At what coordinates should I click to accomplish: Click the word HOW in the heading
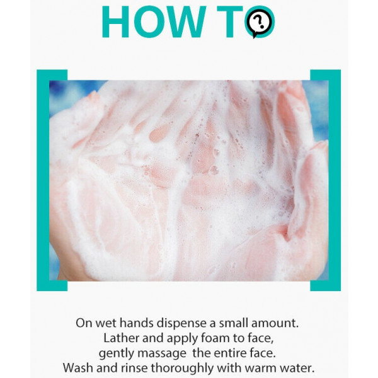click(154, 21)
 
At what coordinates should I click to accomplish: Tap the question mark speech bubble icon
click(260, 22)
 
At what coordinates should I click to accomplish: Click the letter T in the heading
click(229, 21)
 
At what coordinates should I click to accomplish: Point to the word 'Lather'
click(121, 338)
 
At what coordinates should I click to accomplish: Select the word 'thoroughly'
click(182, 369)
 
